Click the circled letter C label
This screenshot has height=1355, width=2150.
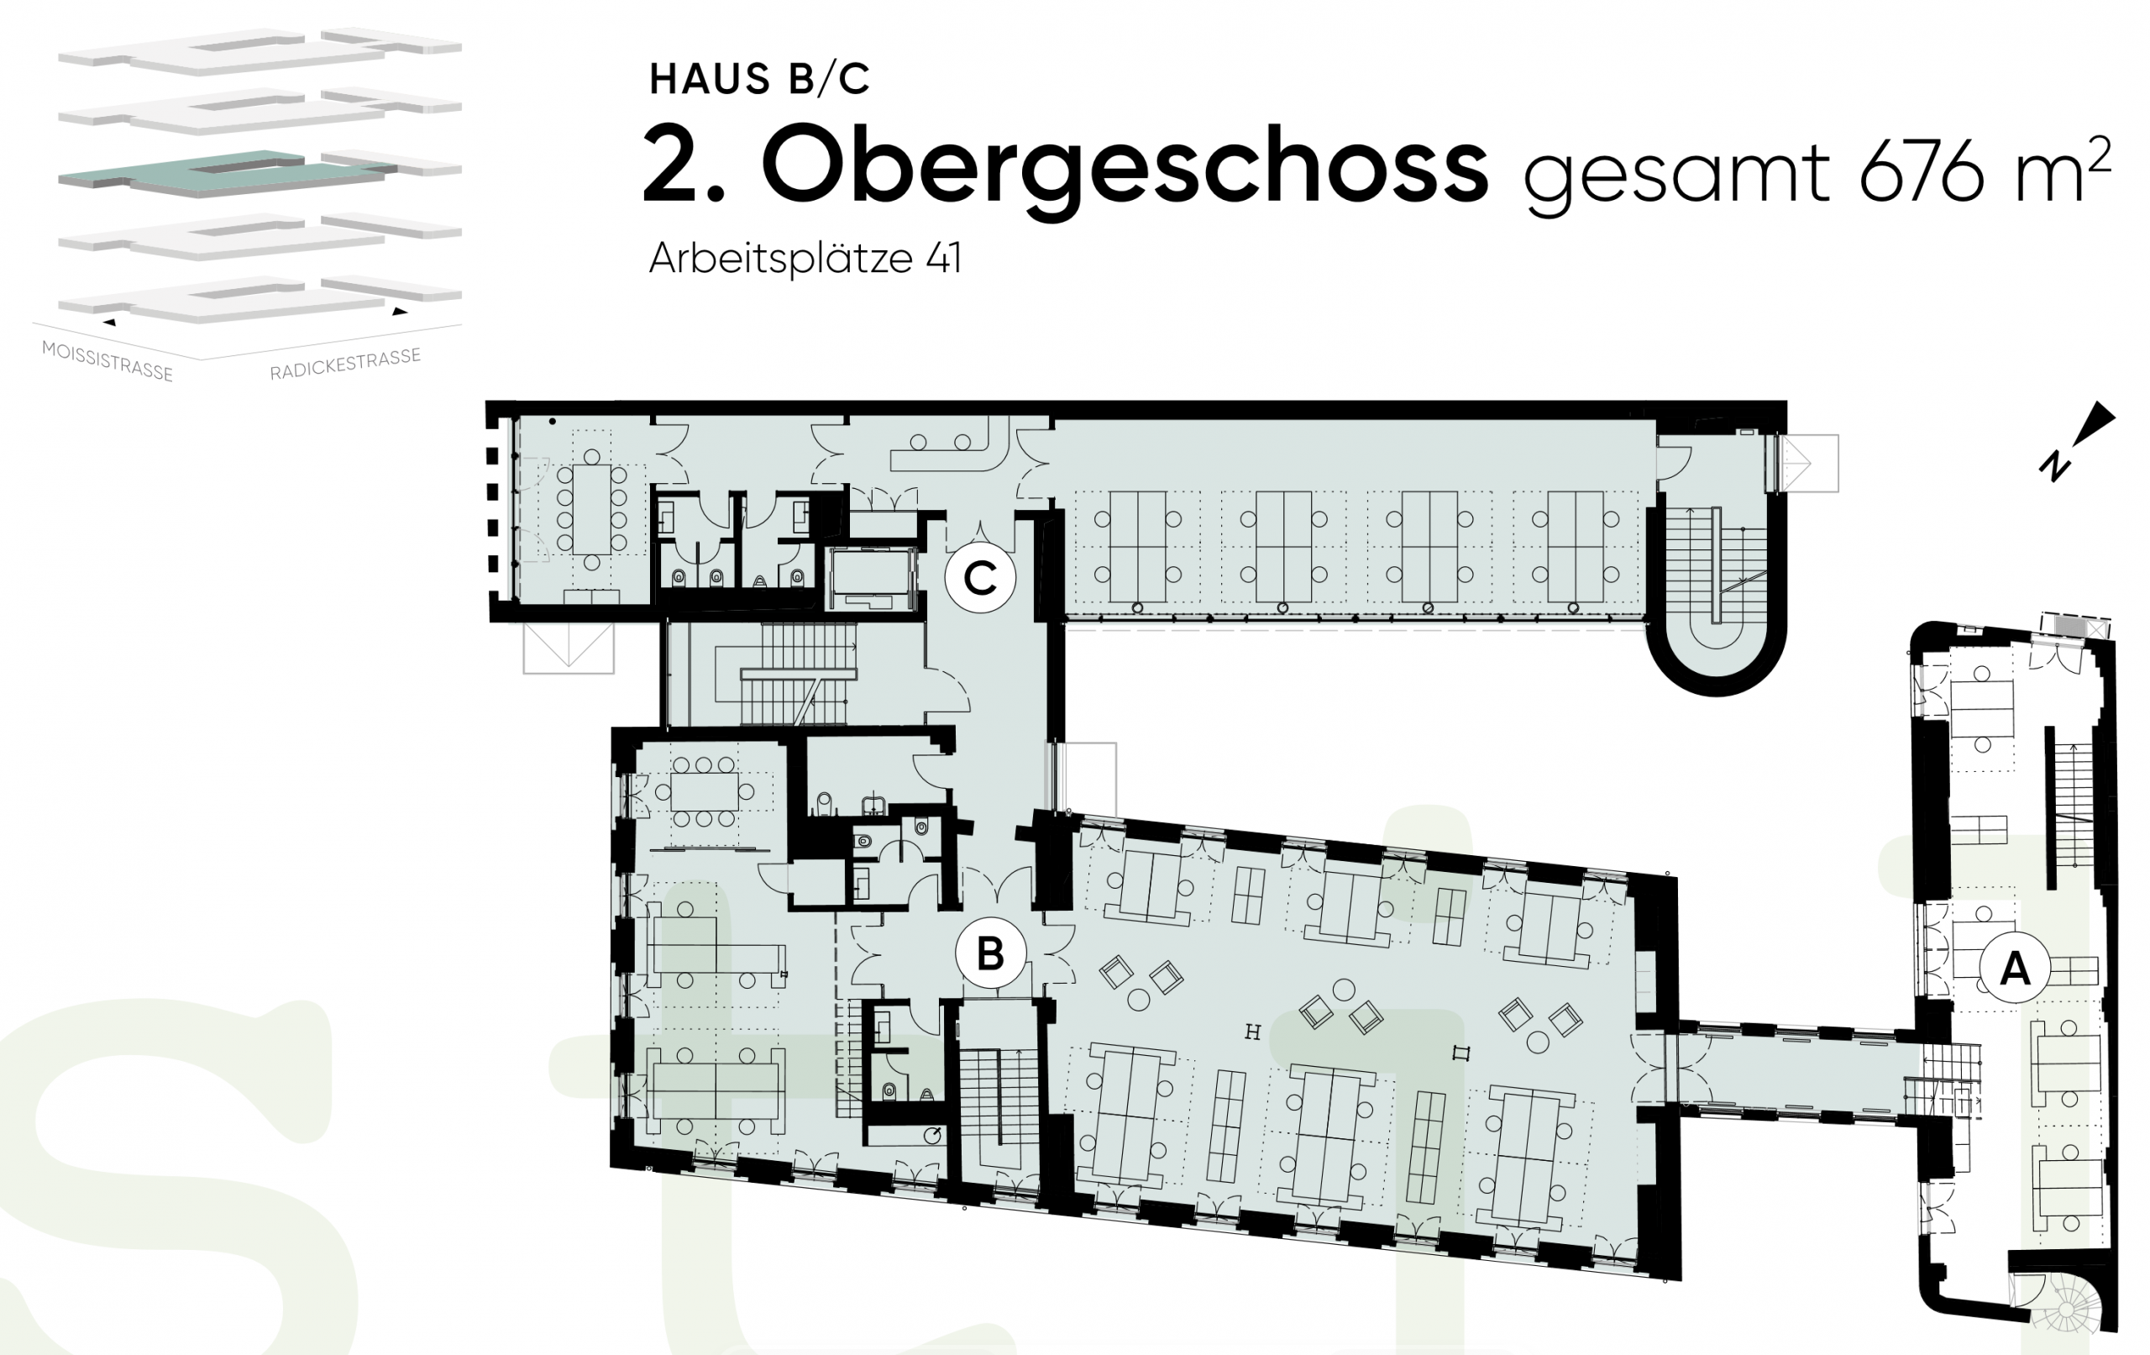[980, 578]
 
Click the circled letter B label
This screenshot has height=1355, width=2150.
[990, 953]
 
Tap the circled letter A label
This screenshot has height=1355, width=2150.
[2014, 968]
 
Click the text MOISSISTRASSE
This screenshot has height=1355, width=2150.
[107, 361]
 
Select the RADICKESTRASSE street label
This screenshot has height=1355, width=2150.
[345, 365]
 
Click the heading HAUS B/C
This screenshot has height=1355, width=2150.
[759, 80]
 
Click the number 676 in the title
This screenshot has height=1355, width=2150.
[1927, 173]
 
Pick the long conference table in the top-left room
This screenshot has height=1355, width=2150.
[591, 509]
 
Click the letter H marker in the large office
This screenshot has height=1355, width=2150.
[1253, 1032]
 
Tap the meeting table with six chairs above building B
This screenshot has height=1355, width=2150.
[705, 791]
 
